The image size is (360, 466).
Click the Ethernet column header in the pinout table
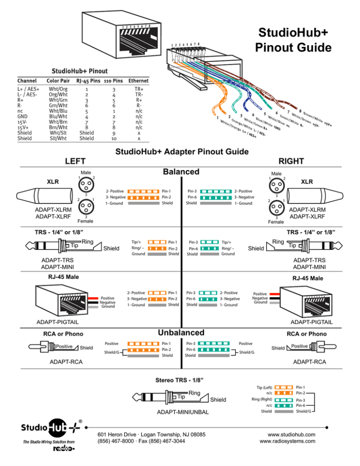[138, 81]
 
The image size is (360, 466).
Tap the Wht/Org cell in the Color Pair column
[58, 89]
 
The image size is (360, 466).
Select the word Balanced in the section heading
[181, 171]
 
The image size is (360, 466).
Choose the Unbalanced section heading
[181, 332]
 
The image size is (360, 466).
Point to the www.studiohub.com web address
[289, 433]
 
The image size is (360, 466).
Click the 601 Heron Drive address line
[151, 433]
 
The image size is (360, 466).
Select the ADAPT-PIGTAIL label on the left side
[58, 323]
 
